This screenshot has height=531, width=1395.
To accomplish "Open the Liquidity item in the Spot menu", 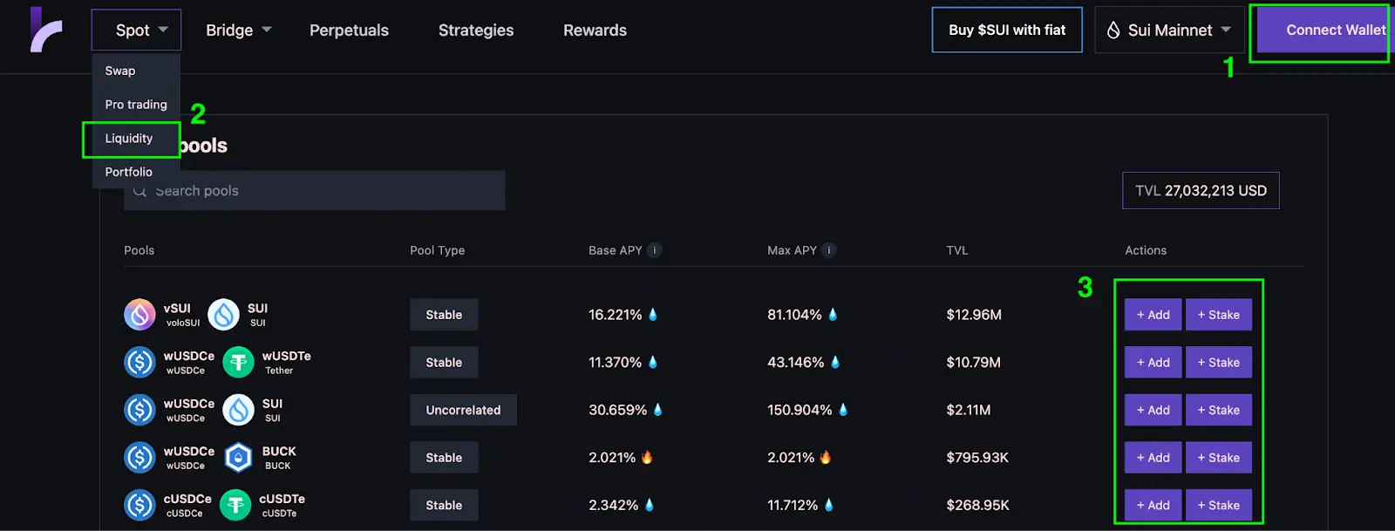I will (x=129, y=139).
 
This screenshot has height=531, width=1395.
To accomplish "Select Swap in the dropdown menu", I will (x=120, y=71).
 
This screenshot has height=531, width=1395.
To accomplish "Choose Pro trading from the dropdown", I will (x=136, y=105).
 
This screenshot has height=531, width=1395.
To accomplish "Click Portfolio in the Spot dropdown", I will (x=129, y=172).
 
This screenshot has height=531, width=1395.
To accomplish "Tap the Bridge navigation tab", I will (x=238, y=31).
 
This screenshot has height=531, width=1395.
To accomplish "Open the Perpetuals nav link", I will (x=349, y=31).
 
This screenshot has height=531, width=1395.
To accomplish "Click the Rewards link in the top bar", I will (x=595, y=31).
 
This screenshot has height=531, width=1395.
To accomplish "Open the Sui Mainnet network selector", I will (x=1169, y=31).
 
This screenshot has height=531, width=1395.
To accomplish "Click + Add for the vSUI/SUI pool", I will (x=1153, y=315).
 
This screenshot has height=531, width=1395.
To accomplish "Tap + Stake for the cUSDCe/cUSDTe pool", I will (x=1218, y=505).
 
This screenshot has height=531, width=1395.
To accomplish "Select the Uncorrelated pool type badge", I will (x=463, y=410).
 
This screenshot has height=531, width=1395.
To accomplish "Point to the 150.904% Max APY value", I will (x=800, y=410).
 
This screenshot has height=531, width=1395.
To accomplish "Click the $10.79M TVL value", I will (x=973, y=362).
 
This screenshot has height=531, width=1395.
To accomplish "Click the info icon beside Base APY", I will (x=655, y=250).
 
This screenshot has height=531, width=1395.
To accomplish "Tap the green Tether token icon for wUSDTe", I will (x=238, y=362).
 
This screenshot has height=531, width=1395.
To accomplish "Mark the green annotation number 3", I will (x=1085, y=287).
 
